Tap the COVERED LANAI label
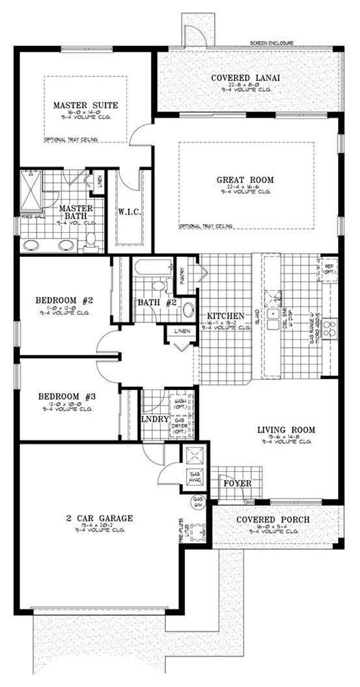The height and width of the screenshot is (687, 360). [245, 78]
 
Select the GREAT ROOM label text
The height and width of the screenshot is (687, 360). [245, 180]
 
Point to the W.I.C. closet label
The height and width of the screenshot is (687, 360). [129, 212]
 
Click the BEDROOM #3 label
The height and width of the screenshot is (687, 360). [66, 396]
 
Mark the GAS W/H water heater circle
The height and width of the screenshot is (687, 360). [199, 500]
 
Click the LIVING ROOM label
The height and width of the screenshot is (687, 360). [286, 430]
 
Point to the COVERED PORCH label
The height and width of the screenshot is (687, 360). [272, 519]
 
